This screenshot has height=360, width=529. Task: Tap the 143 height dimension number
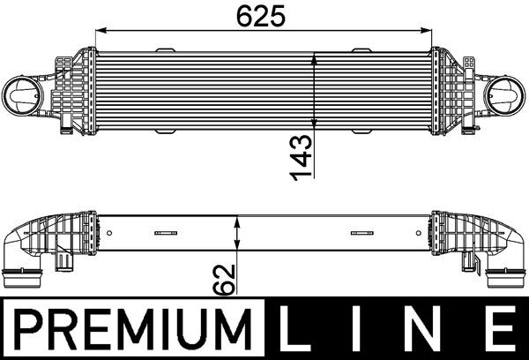click(303, 157)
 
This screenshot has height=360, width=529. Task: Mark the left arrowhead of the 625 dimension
click(100, 33)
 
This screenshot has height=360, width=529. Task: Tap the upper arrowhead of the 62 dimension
click(235, 221)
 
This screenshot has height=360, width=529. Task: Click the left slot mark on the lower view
click(165, 234)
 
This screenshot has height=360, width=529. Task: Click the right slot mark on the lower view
click(361, 234)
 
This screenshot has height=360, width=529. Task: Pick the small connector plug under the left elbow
click(64, 263)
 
